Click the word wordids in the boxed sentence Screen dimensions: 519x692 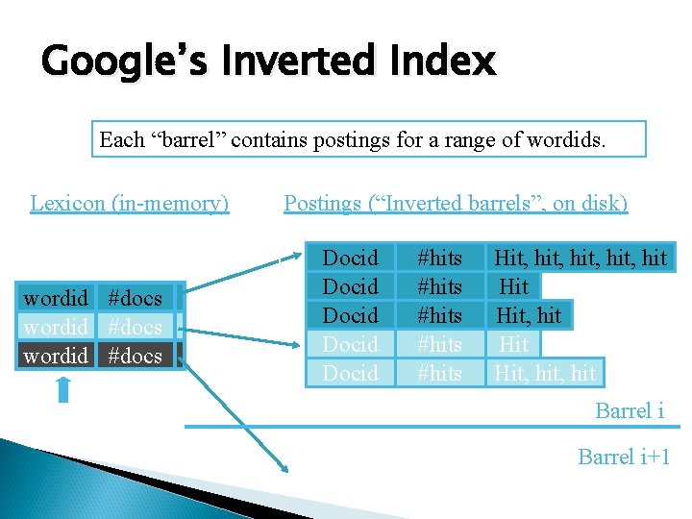pyautogui.click(x=568, y=139)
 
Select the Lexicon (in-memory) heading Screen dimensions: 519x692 pyautogui.click(x=130, y=203)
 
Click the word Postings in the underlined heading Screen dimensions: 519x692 pyautogui.click(x=323, y=203)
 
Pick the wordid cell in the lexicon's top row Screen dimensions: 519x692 pyautogui.click(x=56, y=298)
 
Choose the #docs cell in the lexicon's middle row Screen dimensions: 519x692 pyautogui.click(x=136, y=327)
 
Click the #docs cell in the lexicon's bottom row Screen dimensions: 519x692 pyautogui.click(x=136, y=356)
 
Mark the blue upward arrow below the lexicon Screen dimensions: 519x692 pyautogui.click(x=63, y=389)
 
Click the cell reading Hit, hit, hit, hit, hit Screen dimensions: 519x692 pyautogui.click(x=580, y=258)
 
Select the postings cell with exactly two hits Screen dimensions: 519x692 pyautogui.click(x=530, y=315)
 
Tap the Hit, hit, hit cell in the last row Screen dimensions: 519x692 pyautogui.click(x=545, y=373)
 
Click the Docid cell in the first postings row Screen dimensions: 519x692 pyautogui.click(x=350, y=258)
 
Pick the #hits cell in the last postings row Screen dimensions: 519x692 pyautogui.click(x=439, y=373)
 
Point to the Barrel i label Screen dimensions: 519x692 pyautogui.click(x=630, y=410)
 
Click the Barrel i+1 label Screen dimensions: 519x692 pyautogui.click(x=624, y=457)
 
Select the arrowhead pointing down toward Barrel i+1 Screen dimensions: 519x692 pyautogui.click(x=284, y=468)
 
